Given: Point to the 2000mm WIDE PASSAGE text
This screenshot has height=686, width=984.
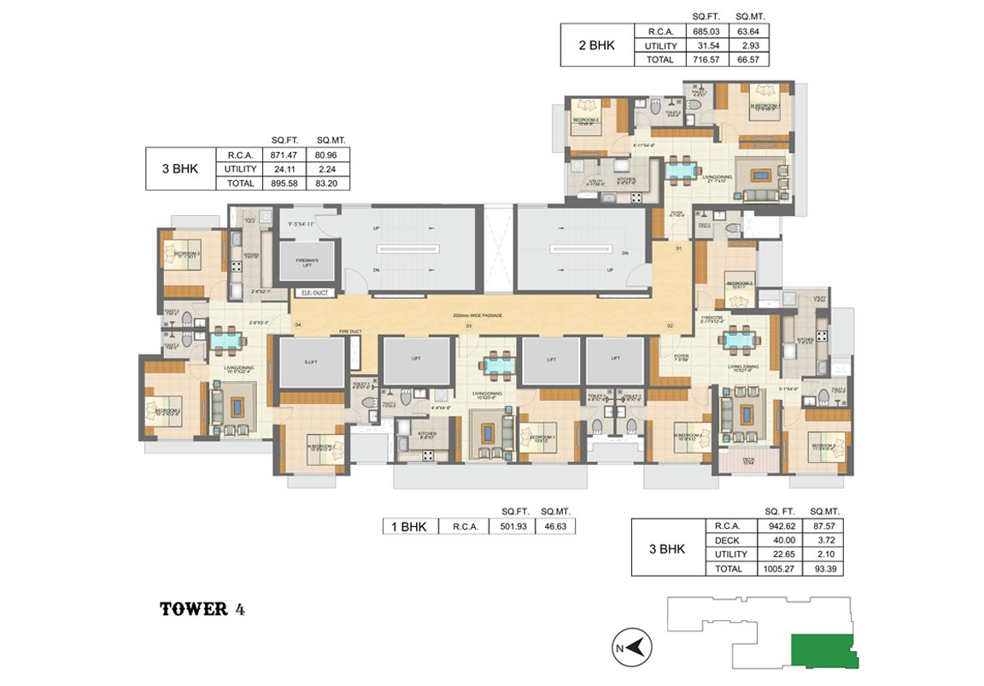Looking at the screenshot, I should tap(477, 316).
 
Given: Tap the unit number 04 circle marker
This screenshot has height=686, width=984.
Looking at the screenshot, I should tap(298, 325).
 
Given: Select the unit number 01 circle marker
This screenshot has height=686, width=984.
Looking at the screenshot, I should tap(679, 249).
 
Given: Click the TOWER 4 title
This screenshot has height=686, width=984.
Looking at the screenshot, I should tap(206, 609).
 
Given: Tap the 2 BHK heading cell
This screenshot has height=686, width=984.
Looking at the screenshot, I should tap(596, 45).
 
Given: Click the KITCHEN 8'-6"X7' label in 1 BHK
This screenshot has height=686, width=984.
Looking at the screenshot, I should tap(427, 434).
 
